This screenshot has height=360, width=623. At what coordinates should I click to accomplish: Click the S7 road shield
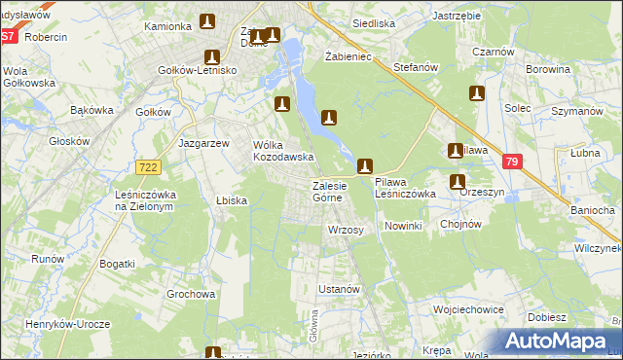8,36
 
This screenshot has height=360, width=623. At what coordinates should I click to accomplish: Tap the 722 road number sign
148,168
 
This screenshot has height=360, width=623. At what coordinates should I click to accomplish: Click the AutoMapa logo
558,341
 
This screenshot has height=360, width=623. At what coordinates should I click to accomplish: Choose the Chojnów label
461,224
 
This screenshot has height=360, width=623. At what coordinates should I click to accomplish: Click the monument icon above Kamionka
207,20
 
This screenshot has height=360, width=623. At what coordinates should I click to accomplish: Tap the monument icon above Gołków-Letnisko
210,57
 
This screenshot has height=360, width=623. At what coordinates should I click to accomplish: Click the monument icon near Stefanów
476,93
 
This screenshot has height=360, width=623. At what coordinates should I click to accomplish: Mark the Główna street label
314,326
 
